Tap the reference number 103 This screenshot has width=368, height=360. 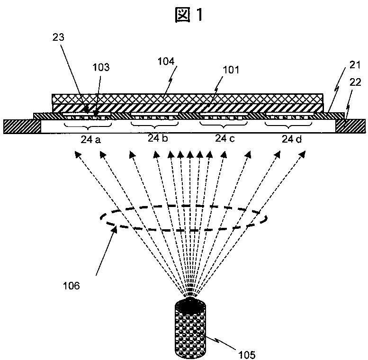[x=101, y=67]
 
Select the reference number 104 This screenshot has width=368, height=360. [x=166, y=61]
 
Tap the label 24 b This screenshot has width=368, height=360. [x=158, y=138]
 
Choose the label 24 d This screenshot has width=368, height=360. [x=290, y=139]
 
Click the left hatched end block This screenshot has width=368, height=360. [x=22, y=126]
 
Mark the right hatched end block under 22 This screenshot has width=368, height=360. [x=350, y=126]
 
